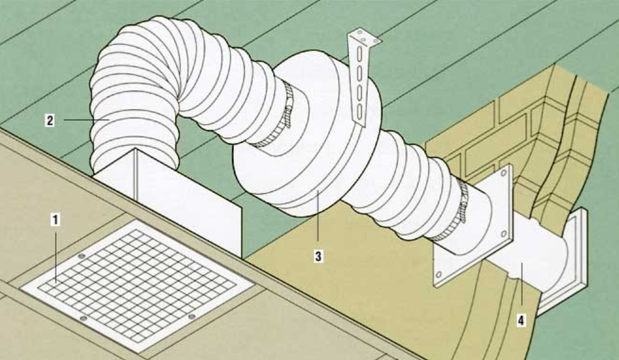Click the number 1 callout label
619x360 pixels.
(56, 219)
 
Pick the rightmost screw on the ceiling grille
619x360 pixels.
(192, 316)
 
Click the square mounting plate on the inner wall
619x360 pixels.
(478, 227)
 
